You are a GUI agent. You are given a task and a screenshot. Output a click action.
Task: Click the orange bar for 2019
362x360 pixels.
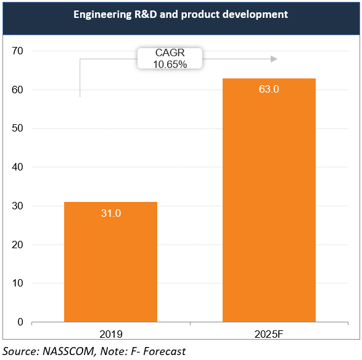110,262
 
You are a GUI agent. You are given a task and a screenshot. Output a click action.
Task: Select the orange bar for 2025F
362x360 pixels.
269,200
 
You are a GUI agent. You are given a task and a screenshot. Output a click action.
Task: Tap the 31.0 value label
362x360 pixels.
110,213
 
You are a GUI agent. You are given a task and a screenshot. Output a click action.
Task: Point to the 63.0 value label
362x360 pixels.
269,90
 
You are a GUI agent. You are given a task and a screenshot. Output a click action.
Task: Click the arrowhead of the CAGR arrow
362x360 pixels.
274,59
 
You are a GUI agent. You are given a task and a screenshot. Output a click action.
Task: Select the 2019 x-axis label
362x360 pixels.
110,334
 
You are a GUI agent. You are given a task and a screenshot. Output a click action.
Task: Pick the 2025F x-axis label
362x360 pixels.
269,334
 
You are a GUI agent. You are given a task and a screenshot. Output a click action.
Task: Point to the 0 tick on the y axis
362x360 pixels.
20,322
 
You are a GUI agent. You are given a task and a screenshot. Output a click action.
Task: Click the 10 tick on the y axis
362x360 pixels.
17,283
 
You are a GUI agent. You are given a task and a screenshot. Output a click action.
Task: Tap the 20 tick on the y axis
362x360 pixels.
17,245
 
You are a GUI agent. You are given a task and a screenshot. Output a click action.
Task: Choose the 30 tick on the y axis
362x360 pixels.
17,206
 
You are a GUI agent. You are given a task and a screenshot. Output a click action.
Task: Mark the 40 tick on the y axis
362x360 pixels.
17,167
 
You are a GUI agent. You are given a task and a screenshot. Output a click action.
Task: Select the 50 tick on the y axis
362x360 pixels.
17,128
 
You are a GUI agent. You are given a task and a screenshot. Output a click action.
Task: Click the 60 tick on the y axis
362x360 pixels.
17,90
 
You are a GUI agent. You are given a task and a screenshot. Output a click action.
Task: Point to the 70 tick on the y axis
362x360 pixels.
17,51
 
